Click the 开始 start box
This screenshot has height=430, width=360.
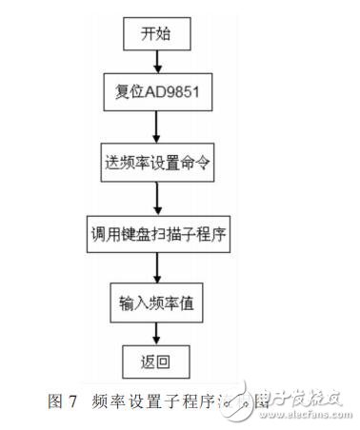pyautogui.click(x=156, y=35)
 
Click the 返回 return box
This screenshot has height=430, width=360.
pyautogui.click(x=155, y=362)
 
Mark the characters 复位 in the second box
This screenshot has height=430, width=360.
pyautogui.click(x=128, y=95)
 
